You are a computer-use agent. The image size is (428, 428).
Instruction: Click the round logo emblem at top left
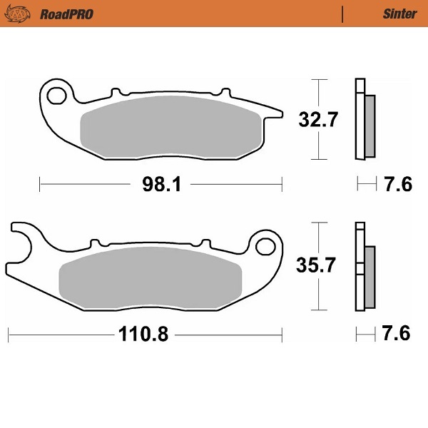pos(23,14)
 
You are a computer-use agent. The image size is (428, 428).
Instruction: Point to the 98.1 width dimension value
pos(161,185)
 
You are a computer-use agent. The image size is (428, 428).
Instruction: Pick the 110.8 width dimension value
pos(146,334)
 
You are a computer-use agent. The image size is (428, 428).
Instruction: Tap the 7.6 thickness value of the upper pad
pos(397,185)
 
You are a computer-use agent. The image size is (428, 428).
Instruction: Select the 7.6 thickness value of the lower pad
pos(397,334)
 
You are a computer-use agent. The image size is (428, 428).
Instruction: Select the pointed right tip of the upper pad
pos(277,111)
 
